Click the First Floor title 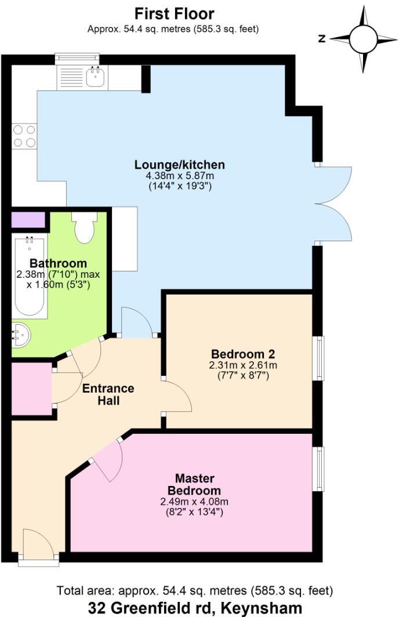click(x=174, y=13)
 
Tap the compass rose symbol click(x=364, y=39)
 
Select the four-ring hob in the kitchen click(x=24, y=136)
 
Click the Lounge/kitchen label click(x=179, y=165)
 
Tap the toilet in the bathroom click(x=84, y=228)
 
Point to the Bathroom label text click(x=58, y=263)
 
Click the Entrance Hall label click(x=108, y=394)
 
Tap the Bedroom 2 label click(x=242, y=354)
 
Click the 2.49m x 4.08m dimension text click(x=194, y=502)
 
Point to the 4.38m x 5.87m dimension click(x=179, y=176)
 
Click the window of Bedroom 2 click(x=318, y=358)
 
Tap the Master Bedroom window click(x=318, y=468)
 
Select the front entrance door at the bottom click(x=38, y=548)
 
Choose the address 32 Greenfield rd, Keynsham click(x=195, y=608)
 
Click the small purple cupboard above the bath click(x=28, y=220)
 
